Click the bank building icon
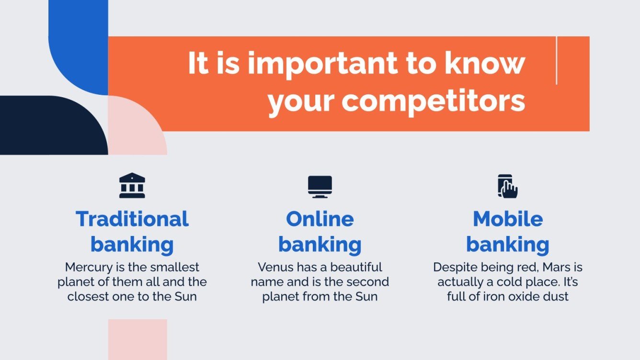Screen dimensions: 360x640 [132, 186]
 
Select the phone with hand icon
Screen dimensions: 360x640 [508, 186]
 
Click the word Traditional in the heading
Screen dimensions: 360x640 [132, 219]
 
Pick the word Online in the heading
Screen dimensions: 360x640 [320, 219]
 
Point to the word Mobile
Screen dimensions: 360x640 [508, 219]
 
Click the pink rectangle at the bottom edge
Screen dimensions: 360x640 [137, 339]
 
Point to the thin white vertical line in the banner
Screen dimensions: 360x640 [556, 61]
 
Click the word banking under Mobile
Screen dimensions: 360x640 [508, 245]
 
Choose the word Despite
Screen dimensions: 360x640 [454, 267]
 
